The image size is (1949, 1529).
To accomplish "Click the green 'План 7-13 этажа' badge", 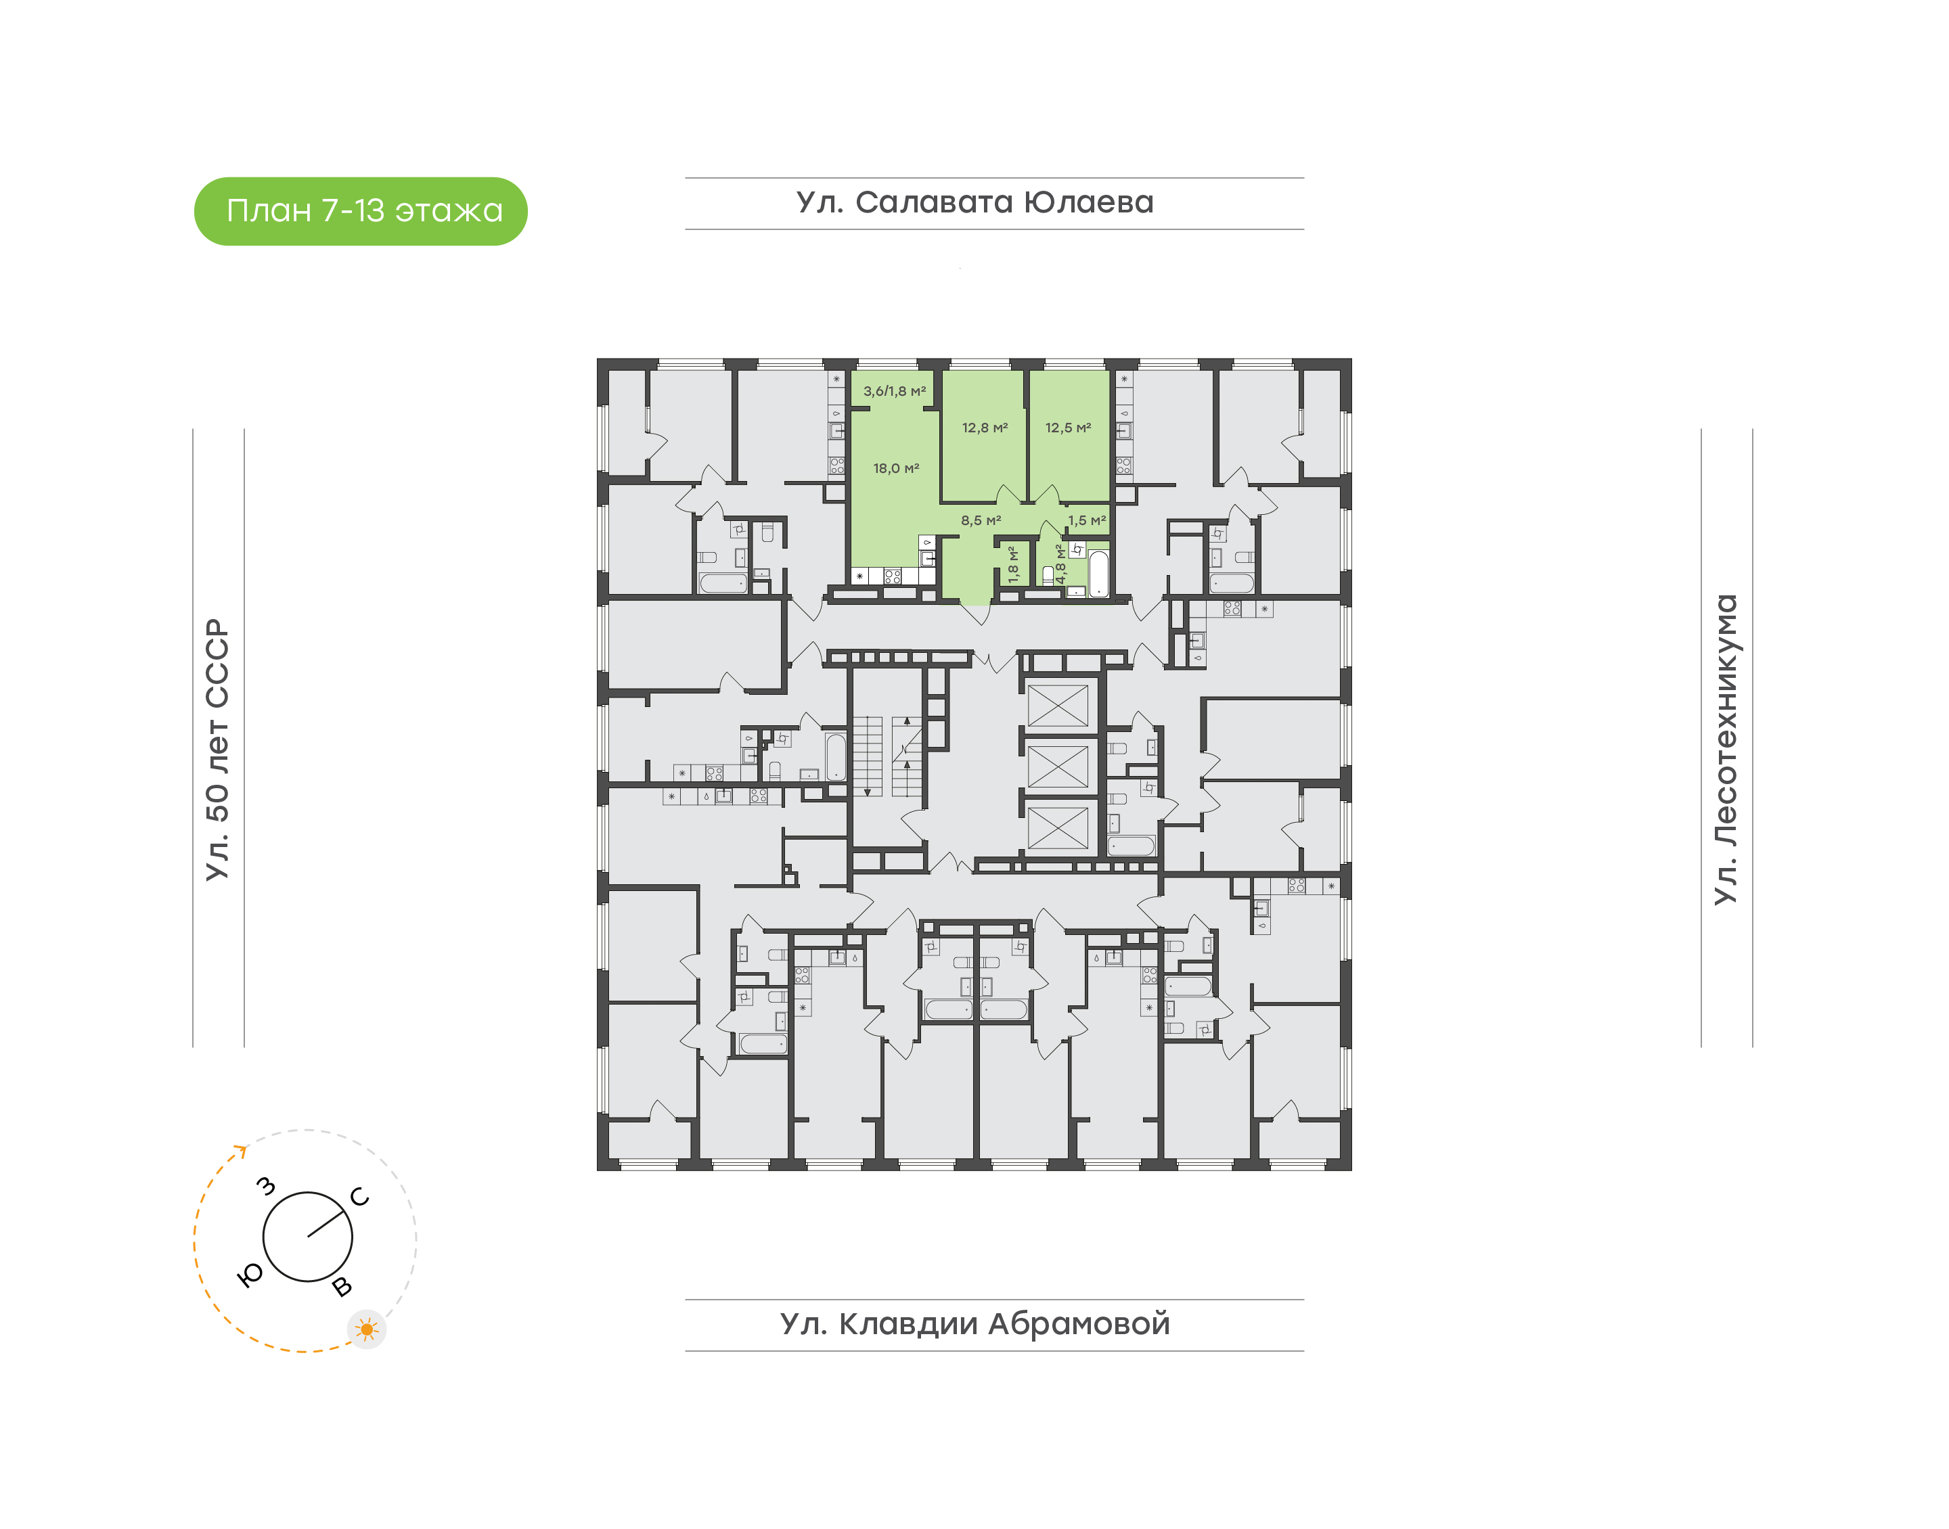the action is pos(361,211).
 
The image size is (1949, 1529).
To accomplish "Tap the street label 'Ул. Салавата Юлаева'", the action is pos(975,202).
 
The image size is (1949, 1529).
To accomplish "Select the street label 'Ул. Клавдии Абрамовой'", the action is pos(975,1323).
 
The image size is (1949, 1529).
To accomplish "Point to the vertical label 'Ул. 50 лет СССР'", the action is pos(217,750).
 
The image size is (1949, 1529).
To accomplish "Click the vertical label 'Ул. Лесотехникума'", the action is pos(1725,750).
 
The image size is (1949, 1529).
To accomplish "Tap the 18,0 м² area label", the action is pos(896,468).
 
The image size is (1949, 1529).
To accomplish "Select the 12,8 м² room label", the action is pos(985,428).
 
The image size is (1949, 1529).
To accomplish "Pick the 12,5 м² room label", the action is pos(1068,428).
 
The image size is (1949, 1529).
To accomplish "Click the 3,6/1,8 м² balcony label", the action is pos(895,391).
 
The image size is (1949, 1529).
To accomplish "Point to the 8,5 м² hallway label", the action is pos(981,520).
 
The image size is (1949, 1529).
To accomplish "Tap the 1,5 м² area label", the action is pos(1087,520).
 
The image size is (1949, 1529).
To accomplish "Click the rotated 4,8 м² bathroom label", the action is pos(1061,564).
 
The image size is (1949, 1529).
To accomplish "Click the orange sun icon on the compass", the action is pos(366,1329).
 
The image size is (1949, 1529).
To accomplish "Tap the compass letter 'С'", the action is pos(360,1197).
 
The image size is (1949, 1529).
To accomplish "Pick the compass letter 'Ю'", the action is pos(250,1276).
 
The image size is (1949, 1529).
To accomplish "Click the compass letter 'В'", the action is pos(342,1287).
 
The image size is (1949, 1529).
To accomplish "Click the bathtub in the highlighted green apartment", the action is pos(1098,573).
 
